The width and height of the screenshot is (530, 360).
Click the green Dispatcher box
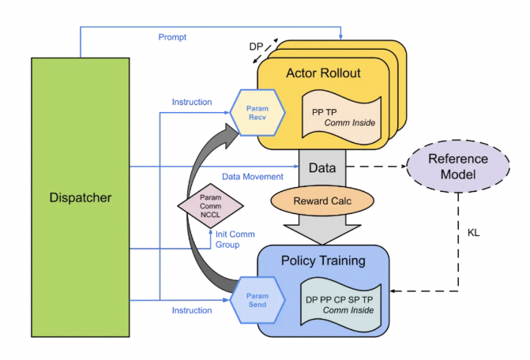click(80, 197)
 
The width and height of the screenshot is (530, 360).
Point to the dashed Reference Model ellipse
click(458, 167)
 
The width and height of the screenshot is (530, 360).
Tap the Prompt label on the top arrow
click(171, 37)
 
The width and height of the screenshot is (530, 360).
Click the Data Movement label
click(251, 177)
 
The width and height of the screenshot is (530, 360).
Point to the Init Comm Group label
click(236, 239)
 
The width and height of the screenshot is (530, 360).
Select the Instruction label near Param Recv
click(191, 102)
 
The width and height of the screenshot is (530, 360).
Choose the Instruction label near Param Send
click(191, 310)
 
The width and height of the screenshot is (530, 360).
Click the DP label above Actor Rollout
click(256, 47)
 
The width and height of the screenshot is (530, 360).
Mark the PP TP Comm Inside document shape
click(343, 116)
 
